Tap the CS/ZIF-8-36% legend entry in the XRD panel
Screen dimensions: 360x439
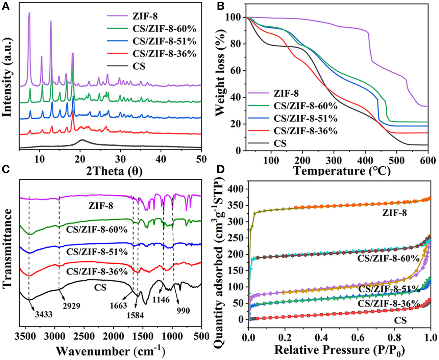point(164,54)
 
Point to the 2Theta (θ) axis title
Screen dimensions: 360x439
point(114,171)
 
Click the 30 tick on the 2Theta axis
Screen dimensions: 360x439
point(120,159)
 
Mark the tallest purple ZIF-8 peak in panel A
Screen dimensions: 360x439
point(29,14)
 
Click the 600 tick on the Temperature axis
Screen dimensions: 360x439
point(428,160)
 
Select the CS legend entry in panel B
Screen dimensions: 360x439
point(280,143)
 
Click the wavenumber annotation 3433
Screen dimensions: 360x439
point(44,314)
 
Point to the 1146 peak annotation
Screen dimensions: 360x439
point(161,299)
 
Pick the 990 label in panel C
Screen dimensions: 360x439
point(183,310)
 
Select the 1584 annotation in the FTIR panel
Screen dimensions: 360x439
point(135,315)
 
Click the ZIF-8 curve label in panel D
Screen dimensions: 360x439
point(394,213)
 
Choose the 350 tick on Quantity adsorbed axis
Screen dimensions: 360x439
point(235,205)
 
